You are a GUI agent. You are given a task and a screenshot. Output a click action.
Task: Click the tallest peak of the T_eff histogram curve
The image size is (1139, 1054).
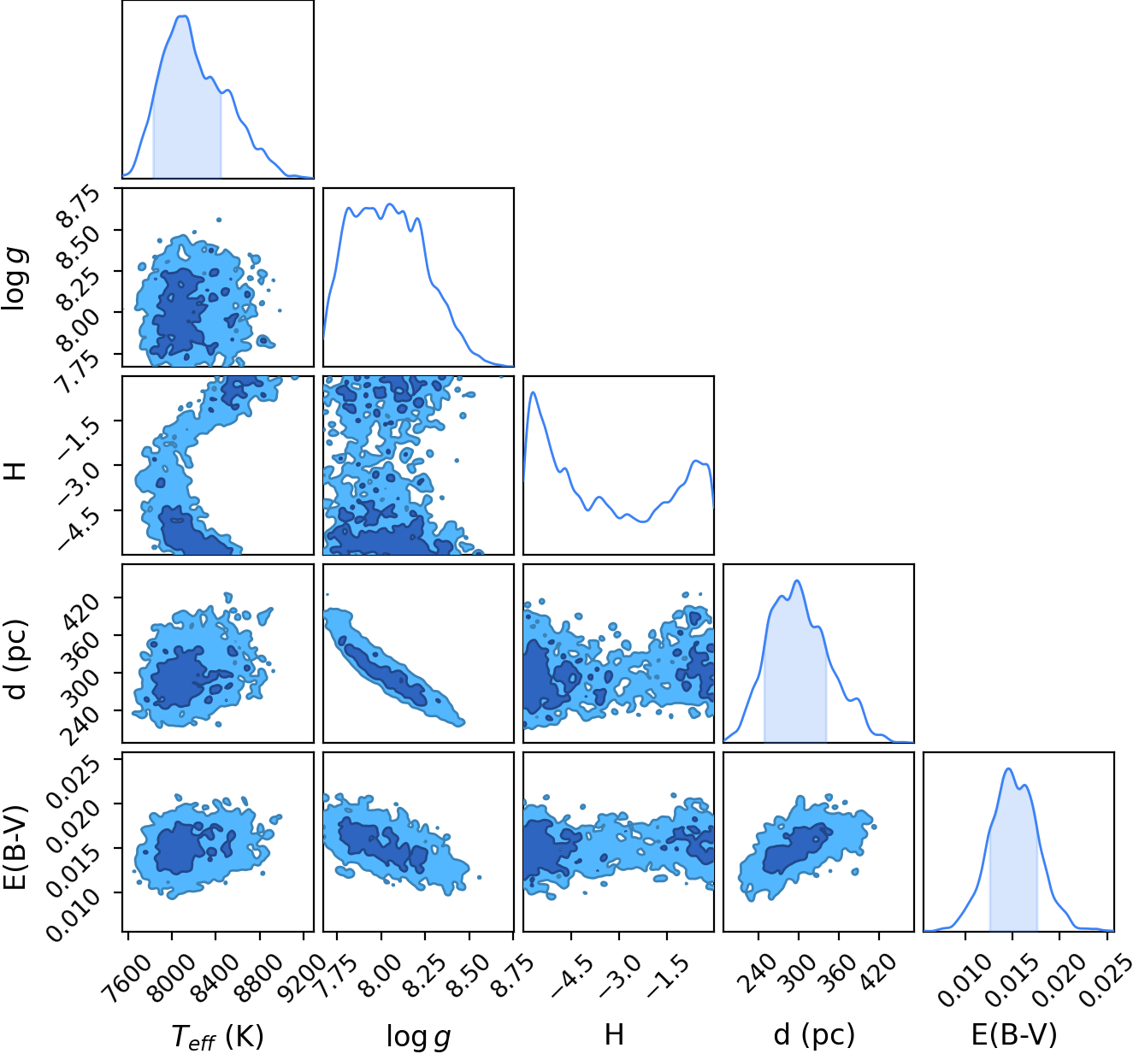tap(184, 16)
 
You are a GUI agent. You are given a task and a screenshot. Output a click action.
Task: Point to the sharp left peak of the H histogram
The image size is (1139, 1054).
tap(534, 392)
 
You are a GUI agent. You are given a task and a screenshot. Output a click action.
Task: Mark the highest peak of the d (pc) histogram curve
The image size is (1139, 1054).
tap(797, 581)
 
